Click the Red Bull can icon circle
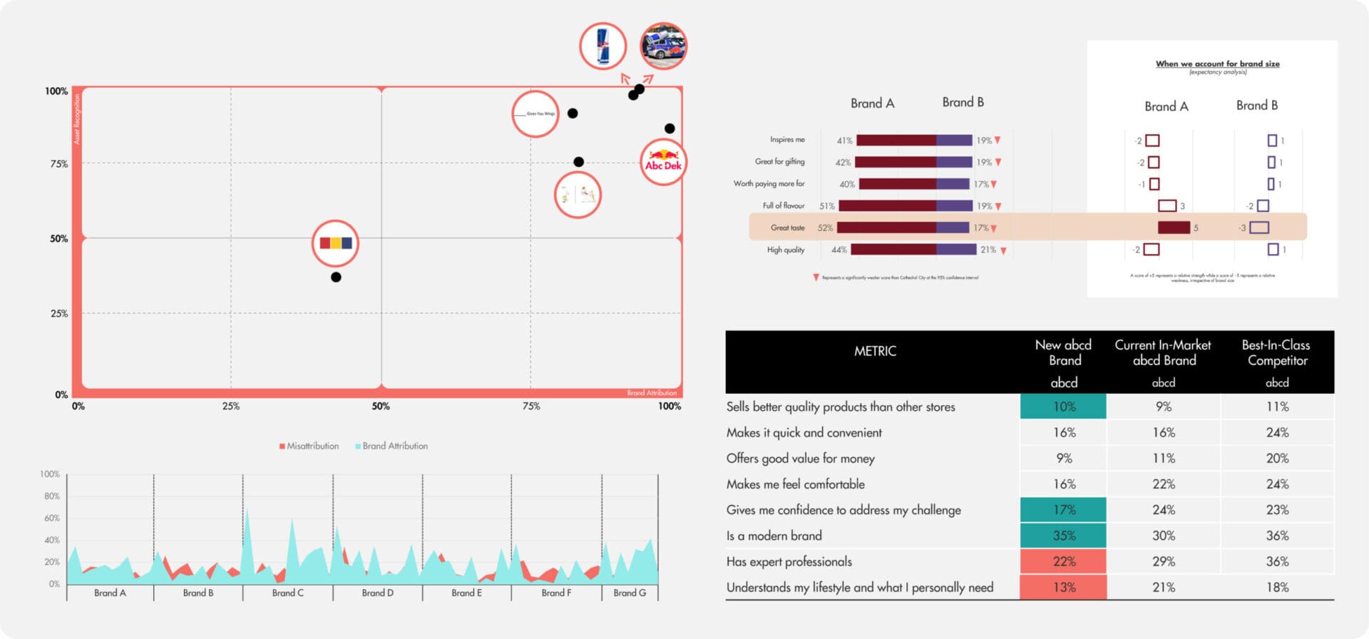603,46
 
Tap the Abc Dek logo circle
663,163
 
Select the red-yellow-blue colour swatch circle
335,243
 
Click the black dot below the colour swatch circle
336,277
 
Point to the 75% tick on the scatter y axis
59,164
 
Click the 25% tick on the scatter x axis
230,407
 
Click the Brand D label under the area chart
377,593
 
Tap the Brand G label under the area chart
630,593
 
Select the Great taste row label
787,228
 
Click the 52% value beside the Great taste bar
825,228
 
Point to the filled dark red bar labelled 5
1174,228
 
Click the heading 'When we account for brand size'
1217,63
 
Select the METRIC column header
875,351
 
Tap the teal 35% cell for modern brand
1064,536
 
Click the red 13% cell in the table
1064,587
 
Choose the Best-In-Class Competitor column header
1276,352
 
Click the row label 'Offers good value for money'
800,459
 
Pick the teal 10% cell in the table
1064,407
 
